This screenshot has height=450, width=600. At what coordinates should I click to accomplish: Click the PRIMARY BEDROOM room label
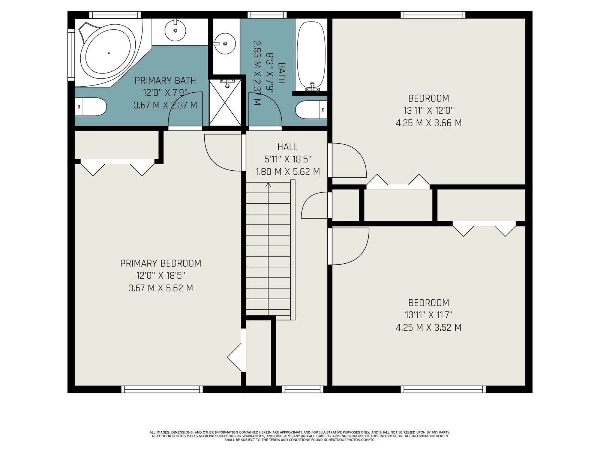tap(161, 263)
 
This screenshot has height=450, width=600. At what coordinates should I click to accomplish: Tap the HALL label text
tap(288, 147)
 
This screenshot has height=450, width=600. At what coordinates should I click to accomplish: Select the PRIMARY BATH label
tap(165, 81)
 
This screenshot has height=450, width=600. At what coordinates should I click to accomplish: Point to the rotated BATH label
tap(282, 73)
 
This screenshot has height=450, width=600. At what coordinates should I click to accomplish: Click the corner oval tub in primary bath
tap(109, 52)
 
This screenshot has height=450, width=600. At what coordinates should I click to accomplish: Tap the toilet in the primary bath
tap(90, 106)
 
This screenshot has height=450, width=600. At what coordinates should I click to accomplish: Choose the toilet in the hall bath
tap(311, 110)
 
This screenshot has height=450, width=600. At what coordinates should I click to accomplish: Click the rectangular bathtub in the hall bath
tap(311, 56)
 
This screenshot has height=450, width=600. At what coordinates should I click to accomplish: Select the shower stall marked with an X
tap(225, 102)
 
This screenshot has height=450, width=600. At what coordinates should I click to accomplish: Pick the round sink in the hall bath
tap(225, 43)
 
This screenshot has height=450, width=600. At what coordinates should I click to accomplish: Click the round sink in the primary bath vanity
tap(175, 30)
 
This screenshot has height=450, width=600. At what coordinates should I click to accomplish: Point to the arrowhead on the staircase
tap(268, 185)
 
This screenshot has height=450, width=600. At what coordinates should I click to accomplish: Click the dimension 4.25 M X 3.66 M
tap(429, 123)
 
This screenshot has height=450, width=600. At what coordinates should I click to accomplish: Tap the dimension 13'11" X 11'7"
tap(429, 315)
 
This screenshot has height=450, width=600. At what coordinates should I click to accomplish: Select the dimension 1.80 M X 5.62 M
tap(288, 172)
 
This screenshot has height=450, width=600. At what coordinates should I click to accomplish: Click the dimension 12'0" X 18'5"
tap(161, 275)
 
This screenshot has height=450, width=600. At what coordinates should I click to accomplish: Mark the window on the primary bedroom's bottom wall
tap(162, 389)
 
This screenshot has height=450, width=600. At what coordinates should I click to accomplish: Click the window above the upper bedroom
tap(433, 15)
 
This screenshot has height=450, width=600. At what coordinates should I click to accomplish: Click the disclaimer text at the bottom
tap(300, 436)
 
